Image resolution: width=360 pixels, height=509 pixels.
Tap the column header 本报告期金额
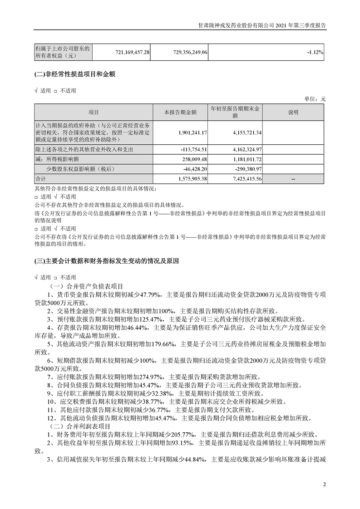click(x=180, y=112)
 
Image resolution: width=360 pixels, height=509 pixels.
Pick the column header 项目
click(x=93, y=112)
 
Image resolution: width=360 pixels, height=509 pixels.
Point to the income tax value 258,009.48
click(x=193, y=159)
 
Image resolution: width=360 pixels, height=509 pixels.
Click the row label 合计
click(x=41, y=179)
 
